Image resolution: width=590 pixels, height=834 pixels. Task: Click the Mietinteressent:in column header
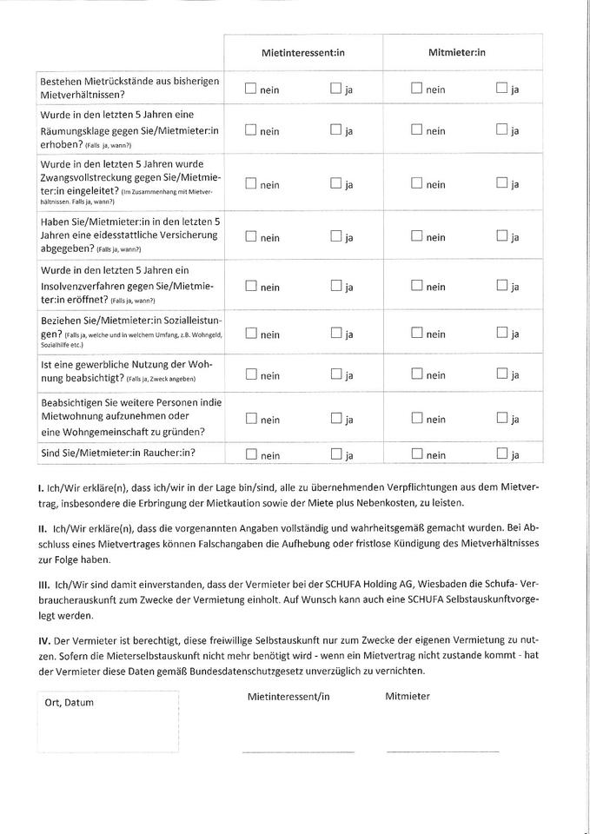pyautogui.click(x=302, y=53)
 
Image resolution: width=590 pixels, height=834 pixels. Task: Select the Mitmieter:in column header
pyautogui.click(x=457, y=53)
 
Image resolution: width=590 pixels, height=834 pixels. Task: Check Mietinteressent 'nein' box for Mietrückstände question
pyautogui.click(x=250, y=88)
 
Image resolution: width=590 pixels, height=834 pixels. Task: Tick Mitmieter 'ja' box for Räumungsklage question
pyautogui.click(x=501, y=130)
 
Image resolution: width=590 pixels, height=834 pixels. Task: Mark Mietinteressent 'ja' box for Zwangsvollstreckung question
pyautogui.click(x=335, y=183)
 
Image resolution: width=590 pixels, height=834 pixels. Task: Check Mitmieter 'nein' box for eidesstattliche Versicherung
pyautogui.click(x=416, y=236)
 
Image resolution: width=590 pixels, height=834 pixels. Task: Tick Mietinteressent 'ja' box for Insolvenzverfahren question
pyautogui.click(x=335, y=286)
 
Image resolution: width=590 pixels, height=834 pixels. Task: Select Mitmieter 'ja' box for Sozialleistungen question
pyautogui.click(x=501, y=334)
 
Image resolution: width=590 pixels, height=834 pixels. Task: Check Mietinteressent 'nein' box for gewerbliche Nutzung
pyautogui.click(x=250, y=374)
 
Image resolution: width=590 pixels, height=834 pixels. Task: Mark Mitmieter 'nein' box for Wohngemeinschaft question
pyautogui.click(x=416, y=419)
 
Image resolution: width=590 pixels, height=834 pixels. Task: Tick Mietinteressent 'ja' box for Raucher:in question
pyautogui.click(x=335, y=453)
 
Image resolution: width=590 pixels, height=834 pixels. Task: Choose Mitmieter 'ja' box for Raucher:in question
pyautogui.click(x=501, y=453)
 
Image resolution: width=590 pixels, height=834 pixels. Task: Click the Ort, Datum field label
pyautogui.click(x=69, y=702)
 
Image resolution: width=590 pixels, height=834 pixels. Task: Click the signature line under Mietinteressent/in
pyautogui.click(x=297, y=751)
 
